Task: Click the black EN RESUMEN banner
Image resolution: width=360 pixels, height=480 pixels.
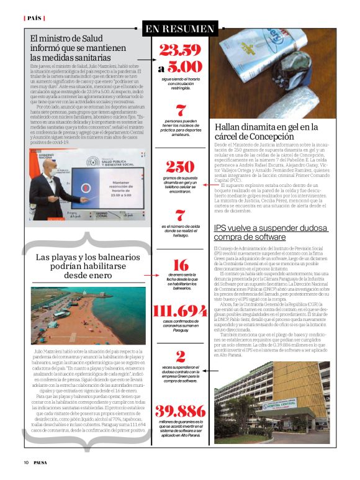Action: pyautogui.click(x=179, y=29)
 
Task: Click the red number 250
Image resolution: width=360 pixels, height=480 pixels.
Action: pyautogui.click(x=180, y=166)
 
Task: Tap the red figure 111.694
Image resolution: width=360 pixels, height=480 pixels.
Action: pyautogui.click(x=180, y=311)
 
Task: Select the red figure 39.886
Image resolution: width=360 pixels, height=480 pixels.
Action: pyautogui.click(x=180, y=412)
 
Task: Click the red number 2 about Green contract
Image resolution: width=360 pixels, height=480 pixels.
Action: pyautogui.click(x=181, y=356)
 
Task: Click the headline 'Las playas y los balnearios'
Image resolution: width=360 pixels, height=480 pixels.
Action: pyautogui.click(x=86, y=265)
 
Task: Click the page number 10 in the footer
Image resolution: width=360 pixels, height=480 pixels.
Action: pyautogui.click(x=26, y=462)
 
